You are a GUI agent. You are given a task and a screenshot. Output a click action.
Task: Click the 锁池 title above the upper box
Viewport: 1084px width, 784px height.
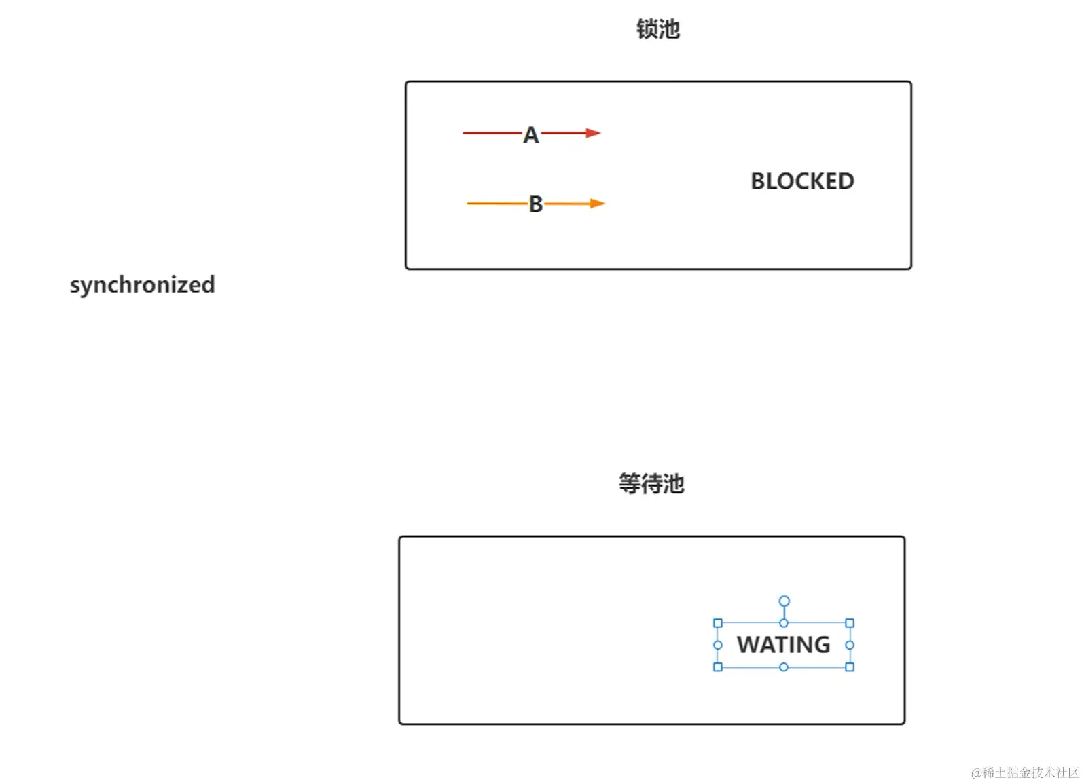coord(657,29)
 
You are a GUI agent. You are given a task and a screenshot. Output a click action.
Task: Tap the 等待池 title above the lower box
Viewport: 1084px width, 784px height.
coord(651,484)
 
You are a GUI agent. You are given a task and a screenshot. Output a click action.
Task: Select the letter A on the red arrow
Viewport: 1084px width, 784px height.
coord(530,135)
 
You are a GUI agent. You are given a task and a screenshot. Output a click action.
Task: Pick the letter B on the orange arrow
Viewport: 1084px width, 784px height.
coord(536,204)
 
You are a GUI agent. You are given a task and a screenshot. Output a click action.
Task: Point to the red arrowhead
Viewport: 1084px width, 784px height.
coord(594,133)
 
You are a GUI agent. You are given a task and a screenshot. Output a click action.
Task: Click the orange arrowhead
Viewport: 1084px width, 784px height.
coord(597,203)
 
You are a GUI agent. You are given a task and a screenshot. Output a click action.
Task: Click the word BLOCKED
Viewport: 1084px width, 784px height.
coord(802,181)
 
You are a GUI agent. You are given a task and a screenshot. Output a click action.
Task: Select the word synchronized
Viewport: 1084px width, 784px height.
coord(142,284)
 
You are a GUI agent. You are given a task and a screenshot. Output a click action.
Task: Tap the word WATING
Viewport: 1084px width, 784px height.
coord(783,644)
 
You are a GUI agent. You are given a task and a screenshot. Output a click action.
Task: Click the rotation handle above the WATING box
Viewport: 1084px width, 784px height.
coord(784,601)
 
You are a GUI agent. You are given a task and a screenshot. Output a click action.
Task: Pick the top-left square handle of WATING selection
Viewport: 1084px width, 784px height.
coord(718,623)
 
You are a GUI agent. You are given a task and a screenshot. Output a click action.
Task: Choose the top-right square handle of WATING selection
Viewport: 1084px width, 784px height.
coord(850,623)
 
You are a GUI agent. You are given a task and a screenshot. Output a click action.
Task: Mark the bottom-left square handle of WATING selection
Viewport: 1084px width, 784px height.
coord(718,667)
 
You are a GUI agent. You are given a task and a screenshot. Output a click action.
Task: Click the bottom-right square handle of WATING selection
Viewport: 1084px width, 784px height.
coord(850,667)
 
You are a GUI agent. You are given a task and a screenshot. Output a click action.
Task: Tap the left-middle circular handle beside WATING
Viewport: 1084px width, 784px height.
coord(718,645)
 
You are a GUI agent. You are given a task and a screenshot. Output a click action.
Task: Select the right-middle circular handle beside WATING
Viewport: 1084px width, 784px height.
coord(850,645)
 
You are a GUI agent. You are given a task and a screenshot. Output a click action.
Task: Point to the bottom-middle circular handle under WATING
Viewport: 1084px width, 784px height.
coord(784,667)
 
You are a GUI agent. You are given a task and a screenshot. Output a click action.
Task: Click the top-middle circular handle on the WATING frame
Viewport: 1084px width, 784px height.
coord(784,623)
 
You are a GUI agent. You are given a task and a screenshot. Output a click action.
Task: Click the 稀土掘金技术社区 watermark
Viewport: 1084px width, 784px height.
coord(1025,772)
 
